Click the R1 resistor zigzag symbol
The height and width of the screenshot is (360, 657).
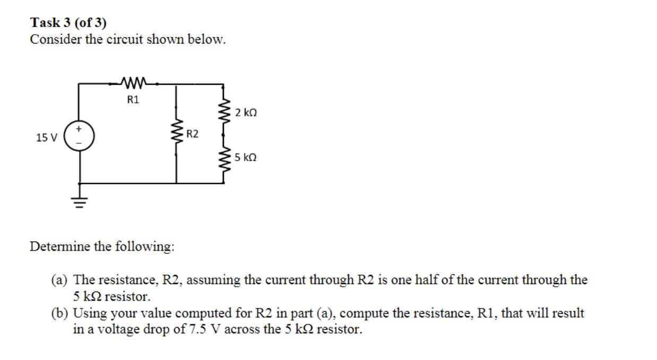(x=133, y=83)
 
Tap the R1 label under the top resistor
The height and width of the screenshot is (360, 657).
(x=133, y=99)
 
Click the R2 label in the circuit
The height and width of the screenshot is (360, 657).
(x=192, y=134)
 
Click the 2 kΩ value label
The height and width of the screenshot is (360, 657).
(x=246, y=113)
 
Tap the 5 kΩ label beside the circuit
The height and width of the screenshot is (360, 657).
(x=246, y=158)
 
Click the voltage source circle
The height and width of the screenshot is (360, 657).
(x=80, y=137)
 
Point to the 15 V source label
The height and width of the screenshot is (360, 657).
(x=46, y=138)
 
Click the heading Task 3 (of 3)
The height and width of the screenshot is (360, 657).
(x=68, y=23)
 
